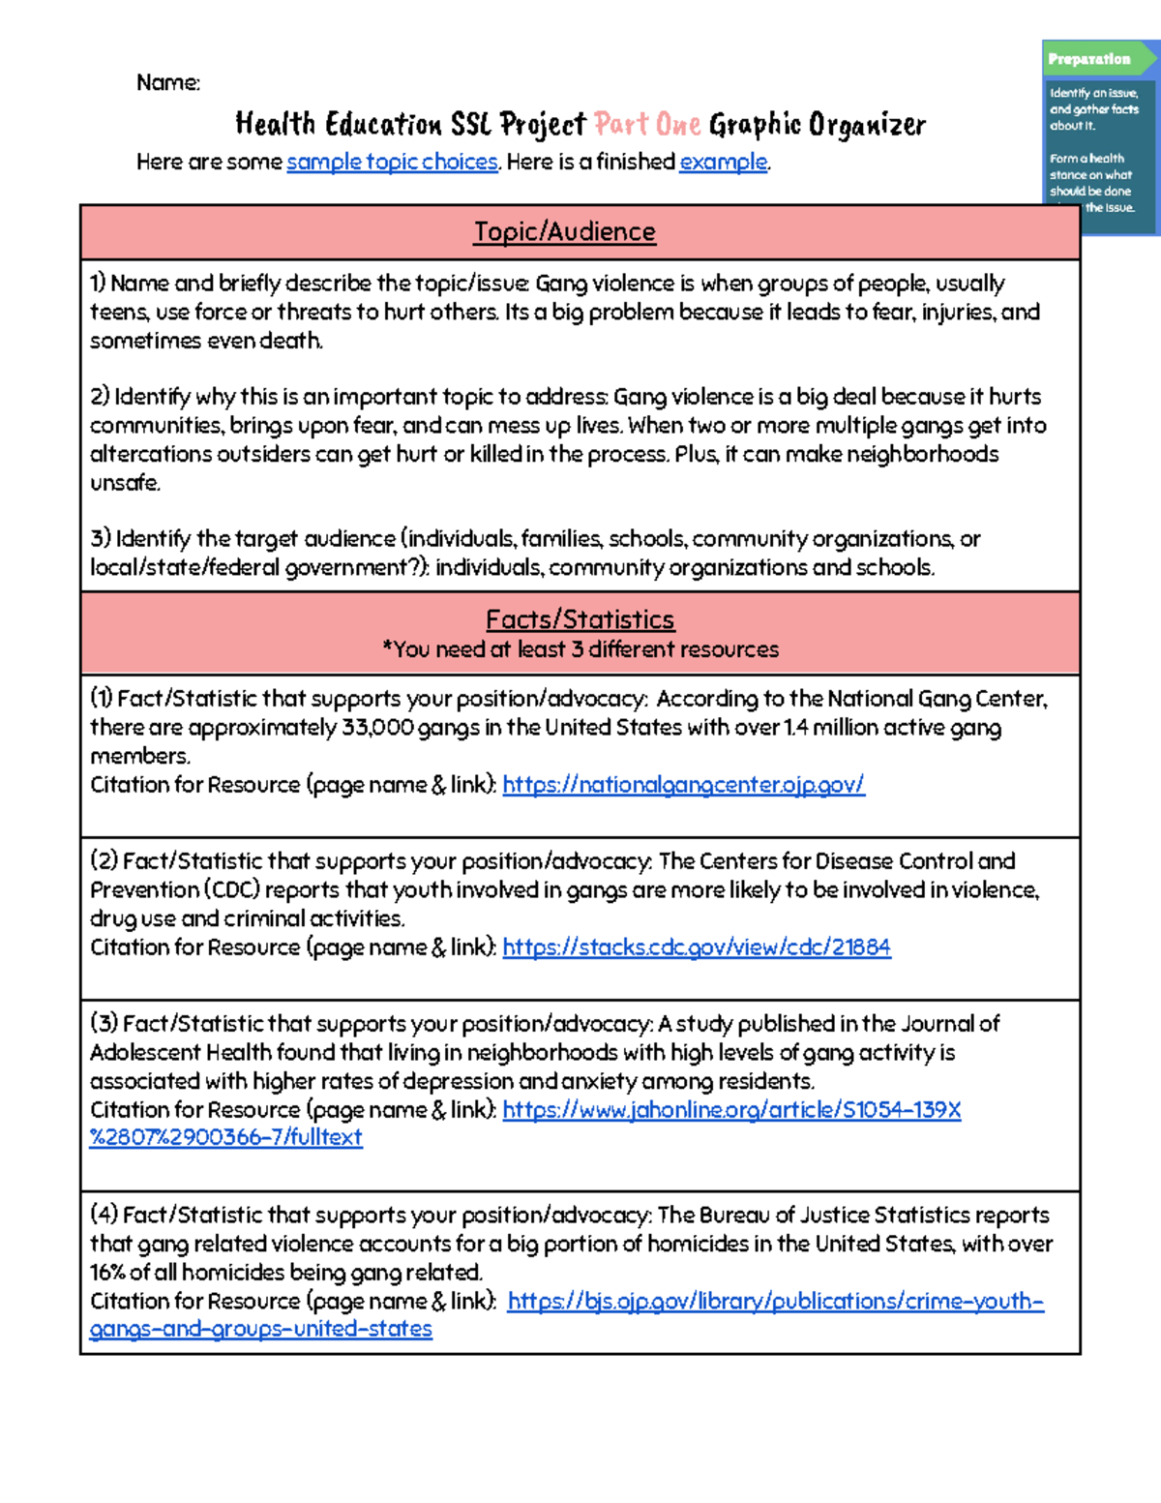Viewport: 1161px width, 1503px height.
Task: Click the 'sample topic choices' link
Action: (x=392, y=162)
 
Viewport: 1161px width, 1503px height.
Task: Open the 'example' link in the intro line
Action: (x=723, y=162)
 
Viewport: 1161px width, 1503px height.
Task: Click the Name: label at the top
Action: (x=168, y=83)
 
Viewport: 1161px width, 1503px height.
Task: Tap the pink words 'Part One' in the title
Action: (x=647, y=125)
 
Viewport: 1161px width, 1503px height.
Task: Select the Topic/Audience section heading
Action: (x=564, y=232)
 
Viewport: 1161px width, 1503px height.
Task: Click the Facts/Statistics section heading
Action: (x=580, y=619)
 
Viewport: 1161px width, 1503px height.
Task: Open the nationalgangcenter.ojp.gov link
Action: (x=683, y=785)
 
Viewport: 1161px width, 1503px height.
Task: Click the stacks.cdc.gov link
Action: (x=696, y=947)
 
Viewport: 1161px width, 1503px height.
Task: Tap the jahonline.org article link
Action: (x=731, y=1110)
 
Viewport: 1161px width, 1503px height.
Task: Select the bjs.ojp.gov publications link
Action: (x=775, y=1302)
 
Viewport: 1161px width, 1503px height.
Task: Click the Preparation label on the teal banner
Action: (x=1088, y=59)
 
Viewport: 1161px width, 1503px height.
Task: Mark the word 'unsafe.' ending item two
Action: (x=125, y=483)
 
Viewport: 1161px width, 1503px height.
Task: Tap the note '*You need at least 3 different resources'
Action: (x=580, y=649)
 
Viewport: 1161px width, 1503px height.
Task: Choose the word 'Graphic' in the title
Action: (x=755, y=125)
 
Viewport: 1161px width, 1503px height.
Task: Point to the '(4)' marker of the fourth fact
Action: (x=104, y=1216)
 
